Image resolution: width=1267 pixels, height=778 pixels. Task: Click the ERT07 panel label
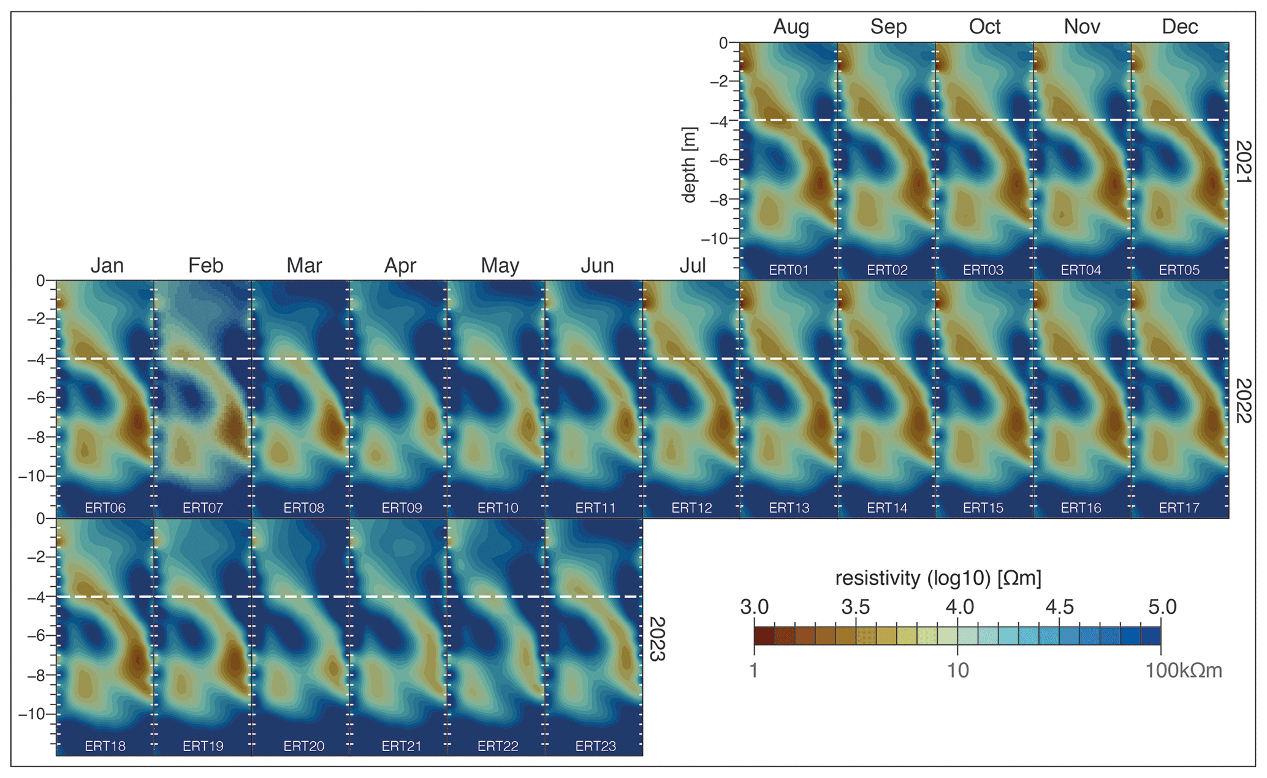[203, 508]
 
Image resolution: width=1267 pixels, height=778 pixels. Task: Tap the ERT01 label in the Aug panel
[789, 270]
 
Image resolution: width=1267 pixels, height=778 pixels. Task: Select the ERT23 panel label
[595, 746]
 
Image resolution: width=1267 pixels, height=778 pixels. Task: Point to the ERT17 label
[1179, 508]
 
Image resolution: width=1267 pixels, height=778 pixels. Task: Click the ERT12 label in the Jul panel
[691, 508]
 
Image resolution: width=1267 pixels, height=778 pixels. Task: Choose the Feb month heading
[205, 265]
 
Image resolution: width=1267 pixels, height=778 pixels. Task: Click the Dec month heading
[1179, 27]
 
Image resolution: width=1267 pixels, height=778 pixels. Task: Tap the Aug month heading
[791, 27]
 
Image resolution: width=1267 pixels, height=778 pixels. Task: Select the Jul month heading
[692, 265]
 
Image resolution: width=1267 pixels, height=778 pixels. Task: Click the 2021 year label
[1244, 162]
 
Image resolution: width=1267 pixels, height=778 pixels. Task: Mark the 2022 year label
[1244, 400]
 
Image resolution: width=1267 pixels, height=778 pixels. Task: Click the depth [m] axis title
[690, 164]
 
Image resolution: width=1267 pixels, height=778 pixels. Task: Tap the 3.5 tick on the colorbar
[855, 607]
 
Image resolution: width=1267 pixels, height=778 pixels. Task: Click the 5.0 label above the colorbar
[1162, 607]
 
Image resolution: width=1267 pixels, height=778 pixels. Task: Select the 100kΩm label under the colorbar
[1183, 671]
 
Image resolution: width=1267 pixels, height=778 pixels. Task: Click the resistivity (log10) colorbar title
[938, 578]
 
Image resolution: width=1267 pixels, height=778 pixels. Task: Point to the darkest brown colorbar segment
[764, 635]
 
